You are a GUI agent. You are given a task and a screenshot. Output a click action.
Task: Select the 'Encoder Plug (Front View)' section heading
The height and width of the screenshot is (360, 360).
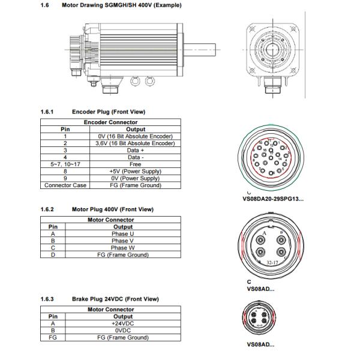108,112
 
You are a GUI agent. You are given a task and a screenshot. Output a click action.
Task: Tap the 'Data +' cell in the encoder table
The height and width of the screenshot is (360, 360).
136,150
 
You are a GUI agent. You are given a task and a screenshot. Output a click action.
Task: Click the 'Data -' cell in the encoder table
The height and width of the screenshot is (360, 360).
136,157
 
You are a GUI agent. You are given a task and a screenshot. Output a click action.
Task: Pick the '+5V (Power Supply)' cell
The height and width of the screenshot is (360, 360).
136,171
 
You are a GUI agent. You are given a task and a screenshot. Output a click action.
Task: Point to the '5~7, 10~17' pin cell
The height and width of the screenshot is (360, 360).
62,164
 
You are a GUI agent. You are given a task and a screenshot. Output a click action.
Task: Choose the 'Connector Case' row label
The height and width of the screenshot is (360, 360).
62,185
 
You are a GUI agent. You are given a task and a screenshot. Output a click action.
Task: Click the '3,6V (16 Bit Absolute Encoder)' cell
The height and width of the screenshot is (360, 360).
136,143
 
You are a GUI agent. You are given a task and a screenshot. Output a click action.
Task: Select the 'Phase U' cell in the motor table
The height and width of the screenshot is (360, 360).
123,234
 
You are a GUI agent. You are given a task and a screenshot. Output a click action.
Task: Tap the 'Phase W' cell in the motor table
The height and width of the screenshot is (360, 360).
123,248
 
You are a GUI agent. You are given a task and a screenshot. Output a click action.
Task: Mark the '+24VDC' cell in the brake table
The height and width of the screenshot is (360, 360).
123,323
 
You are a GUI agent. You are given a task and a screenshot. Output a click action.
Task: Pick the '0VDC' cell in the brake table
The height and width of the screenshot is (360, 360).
123,330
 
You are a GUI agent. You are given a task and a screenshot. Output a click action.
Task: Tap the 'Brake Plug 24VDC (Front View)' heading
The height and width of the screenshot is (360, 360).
115,299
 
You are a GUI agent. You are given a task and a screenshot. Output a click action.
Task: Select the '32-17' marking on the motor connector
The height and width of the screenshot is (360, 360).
272,262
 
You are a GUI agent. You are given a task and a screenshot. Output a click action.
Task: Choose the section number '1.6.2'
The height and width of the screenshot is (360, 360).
47,209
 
